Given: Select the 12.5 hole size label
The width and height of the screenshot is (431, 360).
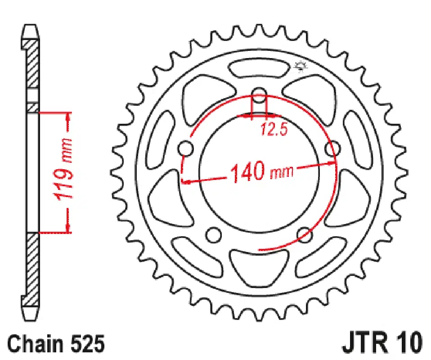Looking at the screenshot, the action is [x=274, y=129].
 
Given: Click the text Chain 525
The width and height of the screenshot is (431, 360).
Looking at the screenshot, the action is [x=56, y=344].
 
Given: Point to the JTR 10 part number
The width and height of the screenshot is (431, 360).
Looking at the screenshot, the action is [x=382, y=343].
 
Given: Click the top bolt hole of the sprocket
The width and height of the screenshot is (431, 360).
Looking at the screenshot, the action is [x=259, y=95].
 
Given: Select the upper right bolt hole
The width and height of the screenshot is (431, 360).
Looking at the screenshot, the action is [x=332, y=148].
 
